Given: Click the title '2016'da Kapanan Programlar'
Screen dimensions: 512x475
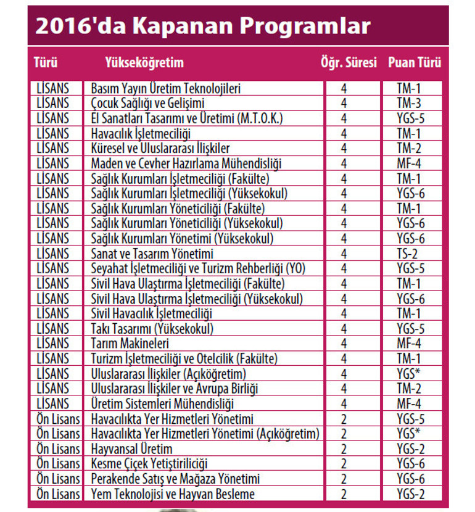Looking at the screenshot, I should (203, 26).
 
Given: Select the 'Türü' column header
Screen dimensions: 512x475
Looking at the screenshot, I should (45, 62).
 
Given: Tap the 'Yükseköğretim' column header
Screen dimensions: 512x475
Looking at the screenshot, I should (144, 62).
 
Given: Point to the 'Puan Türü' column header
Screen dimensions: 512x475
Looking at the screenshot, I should (415, 62).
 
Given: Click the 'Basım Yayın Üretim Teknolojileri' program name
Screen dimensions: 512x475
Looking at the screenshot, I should (166, 88).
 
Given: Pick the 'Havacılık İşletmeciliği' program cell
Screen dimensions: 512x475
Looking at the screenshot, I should (141, 133).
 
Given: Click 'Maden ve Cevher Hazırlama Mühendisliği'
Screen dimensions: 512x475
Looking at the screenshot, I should (186, 163).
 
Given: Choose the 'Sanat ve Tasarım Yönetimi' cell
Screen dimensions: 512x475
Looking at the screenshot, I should (152, 254).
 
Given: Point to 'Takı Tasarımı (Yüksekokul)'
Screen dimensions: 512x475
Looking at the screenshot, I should (152, 328).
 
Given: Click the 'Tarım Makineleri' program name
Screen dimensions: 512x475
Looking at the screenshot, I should (130, 344).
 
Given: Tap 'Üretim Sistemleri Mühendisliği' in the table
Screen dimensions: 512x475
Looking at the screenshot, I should (162, 403).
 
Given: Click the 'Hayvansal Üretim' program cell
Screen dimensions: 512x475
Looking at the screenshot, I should (131, 448).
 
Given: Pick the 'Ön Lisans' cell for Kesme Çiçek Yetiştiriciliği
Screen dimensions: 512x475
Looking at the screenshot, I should (58, 463).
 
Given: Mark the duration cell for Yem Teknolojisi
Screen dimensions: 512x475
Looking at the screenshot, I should (344, 493).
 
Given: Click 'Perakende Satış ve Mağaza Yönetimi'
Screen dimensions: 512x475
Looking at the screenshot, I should (175, 479).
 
